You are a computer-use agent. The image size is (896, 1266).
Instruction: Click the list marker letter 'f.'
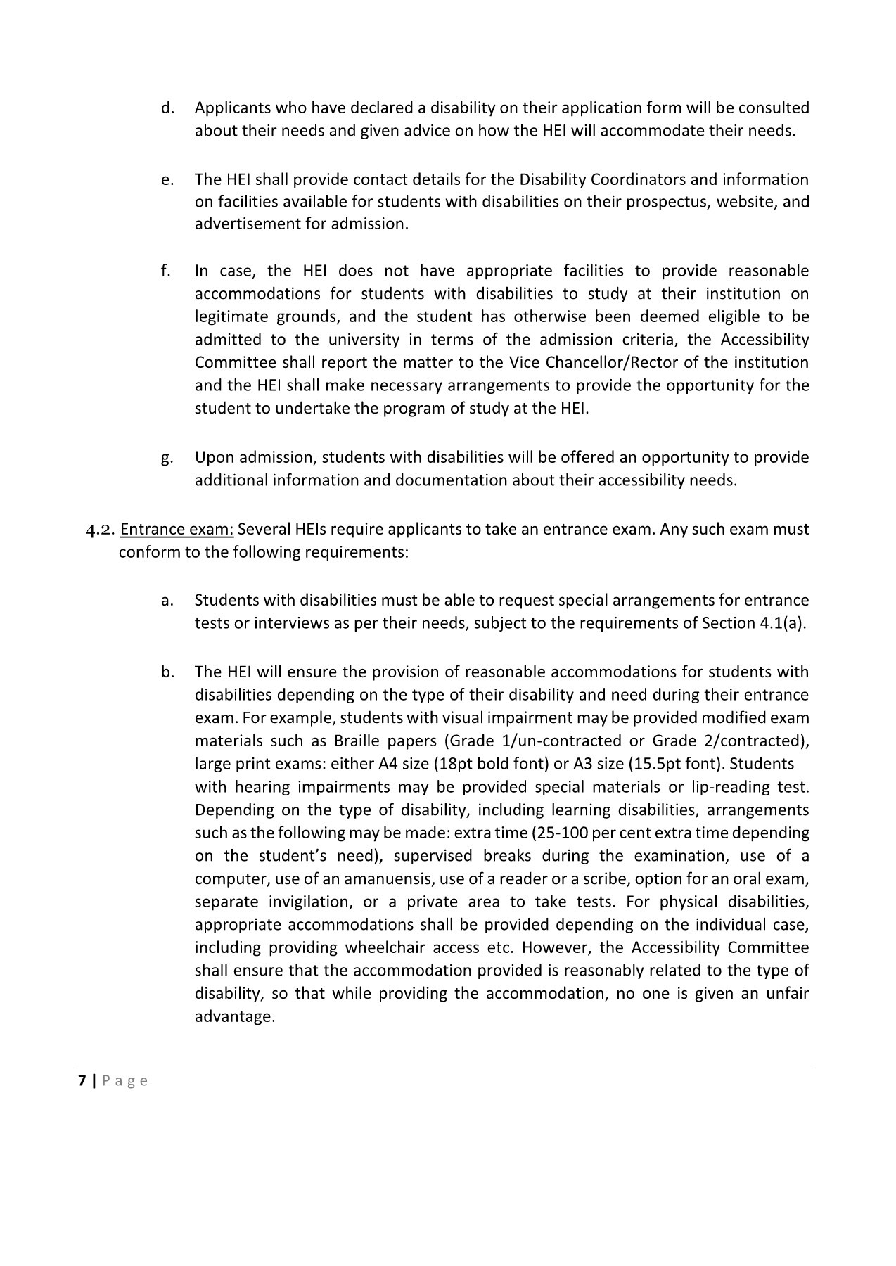click(165, 271)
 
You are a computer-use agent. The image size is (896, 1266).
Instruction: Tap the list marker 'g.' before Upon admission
click(166, 459)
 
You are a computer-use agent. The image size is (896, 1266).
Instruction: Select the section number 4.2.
click(99, 530)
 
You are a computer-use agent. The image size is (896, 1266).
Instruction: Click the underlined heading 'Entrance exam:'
click(177, 529)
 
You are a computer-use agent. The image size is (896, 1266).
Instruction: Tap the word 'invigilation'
click(307, 902)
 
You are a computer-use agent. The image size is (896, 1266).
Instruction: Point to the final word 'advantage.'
click(234, 1017)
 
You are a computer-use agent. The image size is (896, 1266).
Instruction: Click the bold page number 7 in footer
click(82, 1081)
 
